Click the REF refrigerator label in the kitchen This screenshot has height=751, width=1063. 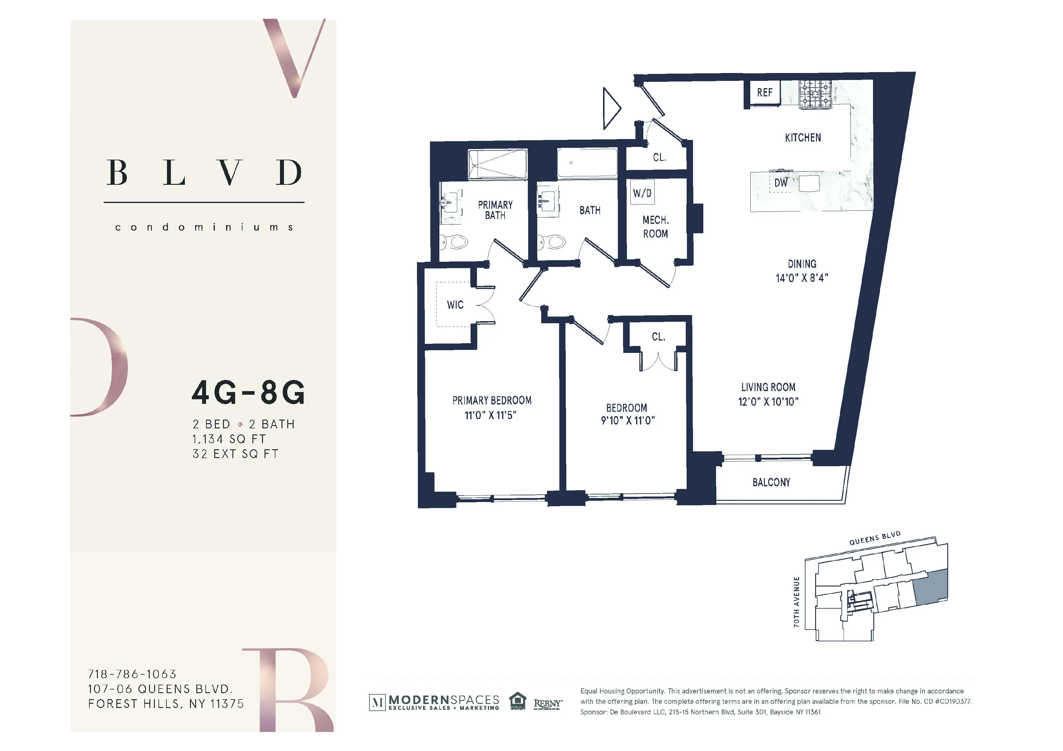pyautogui.click(x=765, y=92)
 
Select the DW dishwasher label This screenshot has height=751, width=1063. pyautogui.click(x=781, y=183)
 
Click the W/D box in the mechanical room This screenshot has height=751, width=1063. pyautogui.click(x=642, y=193)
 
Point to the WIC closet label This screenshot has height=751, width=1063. pyautogui.click(x=455, y=305)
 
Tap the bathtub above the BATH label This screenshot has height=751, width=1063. pyautogui.click(x=587, y=163)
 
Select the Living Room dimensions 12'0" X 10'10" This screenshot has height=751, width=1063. pyautogui.click(x=768, y=402)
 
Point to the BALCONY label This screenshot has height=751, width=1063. pyautogui.click(x=771, y=482)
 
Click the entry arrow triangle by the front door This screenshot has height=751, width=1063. pyautogui.click(x=610, y=108)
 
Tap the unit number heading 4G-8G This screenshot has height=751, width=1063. pyautogui.click(x=248, y=393)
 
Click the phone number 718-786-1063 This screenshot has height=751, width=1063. pyautogui.click(x=132, y=674)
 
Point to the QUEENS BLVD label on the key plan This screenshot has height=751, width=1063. pyautogui.click(x=875, y=538)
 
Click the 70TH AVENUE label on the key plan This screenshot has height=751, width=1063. pyautogui.click(x=797, y=602)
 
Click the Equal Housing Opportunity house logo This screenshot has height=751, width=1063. pyautogui.click(x=518, y=701)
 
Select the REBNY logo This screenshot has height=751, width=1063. pyautogui.click(x=548, y=703)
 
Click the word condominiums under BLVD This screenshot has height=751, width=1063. pyautogui.click(x=204, y=227)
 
